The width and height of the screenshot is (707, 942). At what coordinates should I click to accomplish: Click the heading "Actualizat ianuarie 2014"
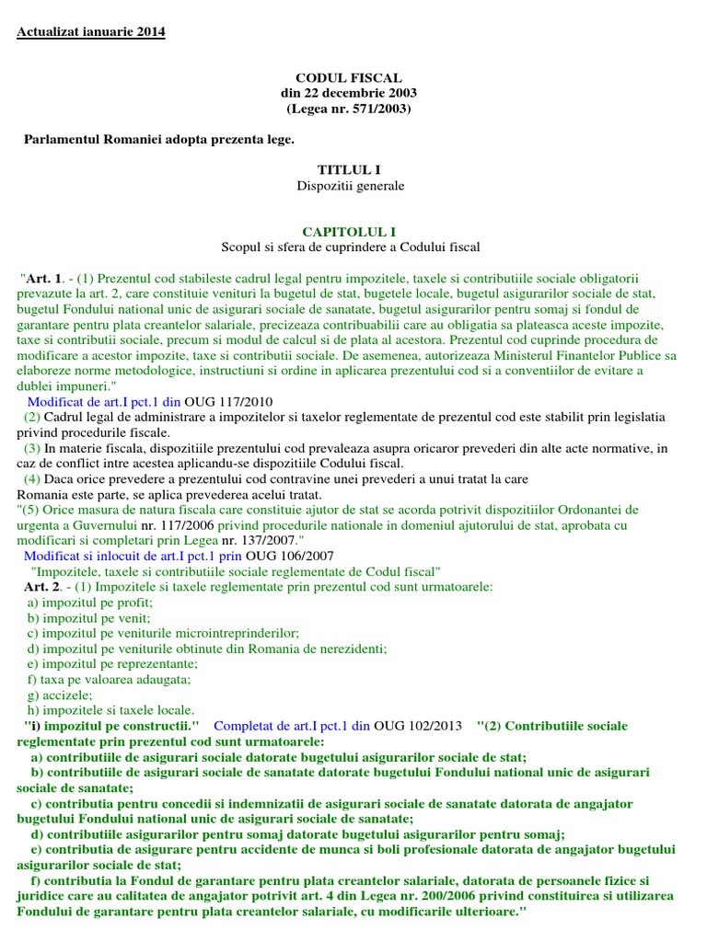[91, 32]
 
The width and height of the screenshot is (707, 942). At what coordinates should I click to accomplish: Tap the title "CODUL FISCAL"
[349, 78]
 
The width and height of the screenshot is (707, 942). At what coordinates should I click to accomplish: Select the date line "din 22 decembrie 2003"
[349, 94]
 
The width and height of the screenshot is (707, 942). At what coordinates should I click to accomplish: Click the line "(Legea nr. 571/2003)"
[349, 109]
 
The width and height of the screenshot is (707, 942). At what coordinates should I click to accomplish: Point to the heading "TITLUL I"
[349, 170]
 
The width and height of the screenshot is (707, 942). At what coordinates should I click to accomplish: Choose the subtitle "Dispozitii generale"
[349, 186]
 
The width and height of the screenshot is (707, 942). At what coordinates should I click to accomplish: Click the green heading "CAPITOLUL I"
[349, 232]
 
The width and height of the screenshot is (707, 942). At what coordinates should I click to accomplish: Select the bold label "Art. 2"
[42, 586]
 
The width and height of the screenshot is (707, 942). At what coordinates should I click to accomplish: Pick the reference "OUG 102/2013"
[420, 726]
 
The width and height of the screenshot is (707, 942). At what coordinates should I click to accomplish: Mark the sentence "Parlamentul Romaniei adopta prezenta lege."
[158, 139]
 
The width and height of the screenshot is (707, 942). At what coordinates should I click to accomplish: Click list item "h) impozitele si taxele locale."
[110, 710]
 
